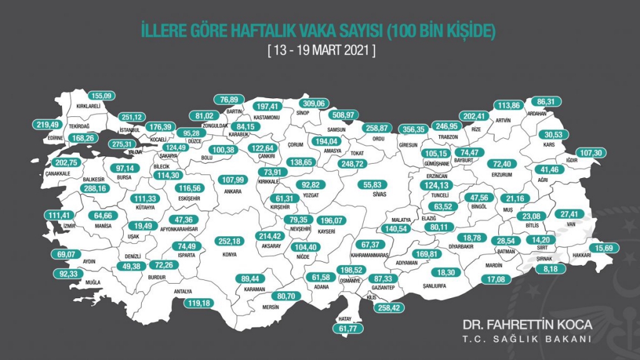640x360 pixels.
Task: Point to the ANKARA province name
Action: pyautogui.click(x=232, y=191)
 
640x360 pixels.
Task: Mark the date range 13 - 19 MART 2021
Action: pyautogui.click(x=321, y=50)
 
